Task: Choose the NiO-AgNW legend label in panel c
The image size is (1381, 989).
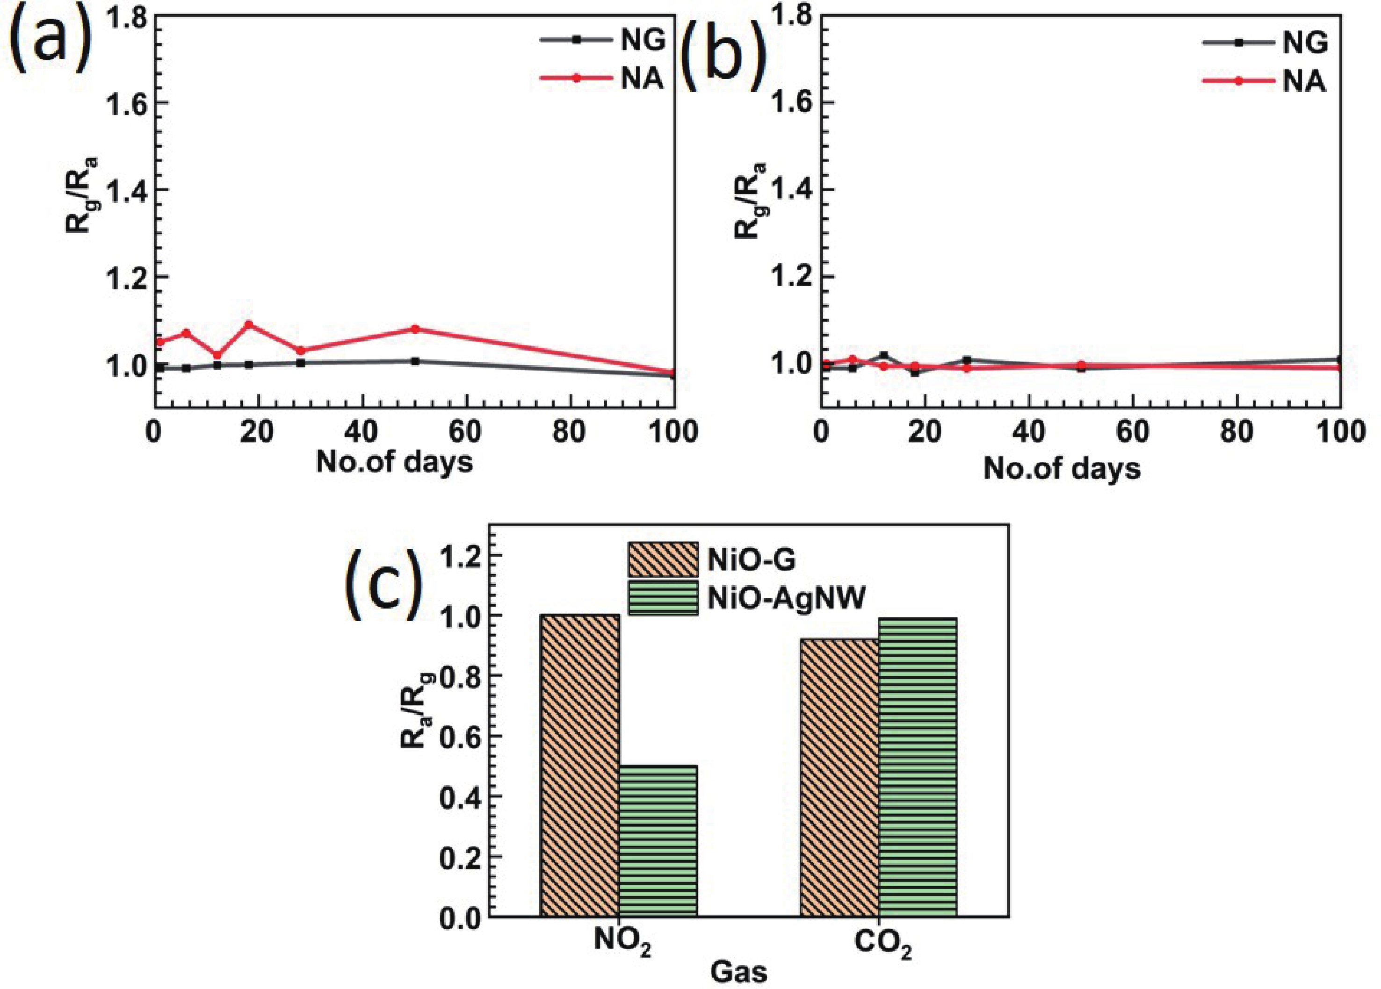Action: [786, 600]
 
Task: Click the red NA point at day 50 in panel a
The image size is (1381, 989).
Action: [415, 329]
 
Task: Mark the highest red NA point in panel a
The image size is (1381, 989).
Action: [248, 324]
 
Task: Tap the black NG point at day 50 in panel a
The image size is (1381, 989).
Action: [415, 361]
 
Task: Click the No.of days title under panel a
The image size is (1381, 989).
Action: [394, 463]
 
